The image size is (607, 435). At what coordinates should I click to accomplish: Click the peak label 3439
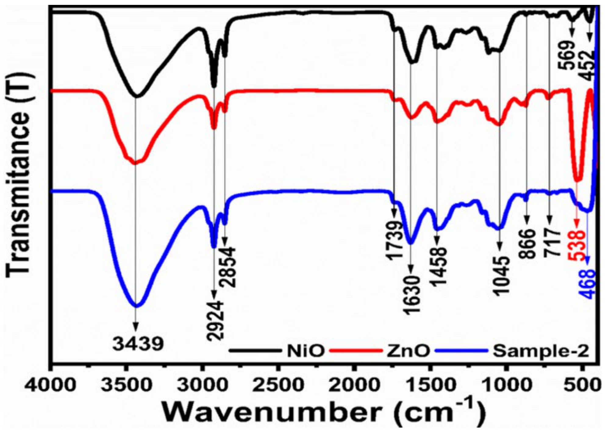138,344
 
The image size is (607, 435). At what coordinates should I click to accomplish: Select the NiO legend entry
305,351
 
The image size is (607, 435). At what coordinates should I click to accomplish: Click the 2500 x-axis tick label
278,385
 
